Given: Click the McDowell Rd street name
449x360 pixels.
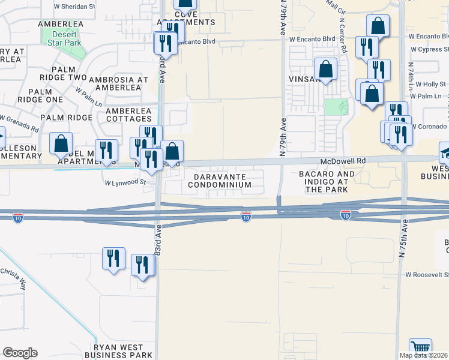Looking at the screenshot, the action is click(343, 161).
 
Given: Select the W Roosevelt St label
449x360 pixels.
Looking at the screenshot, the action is click(427, 274).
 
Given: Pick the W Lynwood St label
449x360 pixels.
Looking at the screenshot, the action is click(125, 182).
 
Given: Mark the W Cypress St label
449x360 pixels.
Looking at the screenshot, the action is click(428, 50).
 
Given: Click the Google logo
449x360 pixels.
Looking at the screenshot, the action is click(20, 353).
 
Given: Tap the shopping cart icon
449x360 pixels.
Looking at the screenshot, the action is click(420, 348).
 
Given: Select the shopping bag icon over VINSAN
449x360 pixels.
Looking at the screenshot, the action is click(325, 70).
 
